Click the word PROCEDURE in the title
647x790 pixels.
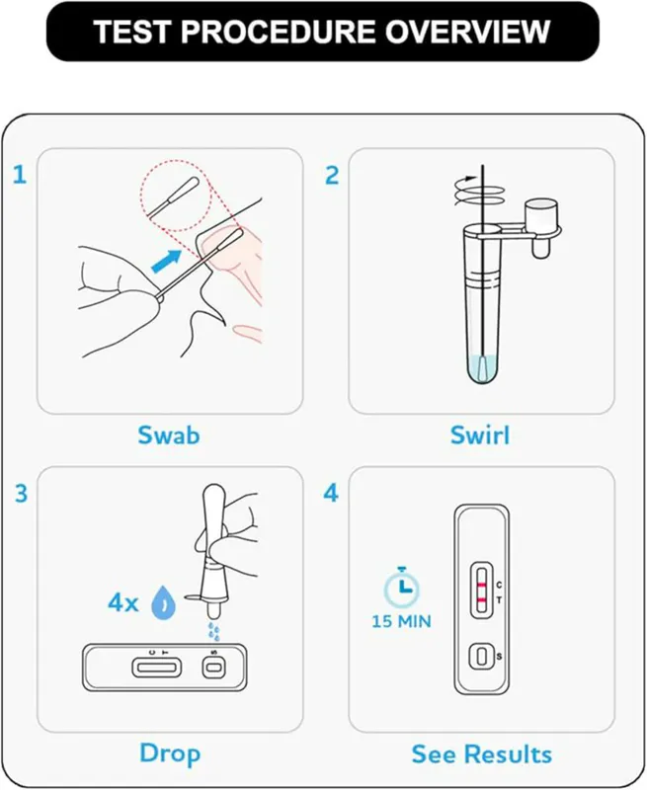point(279,32)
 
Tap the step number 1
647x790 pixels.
point(20,175)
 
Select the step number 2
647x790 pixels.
point(332,176)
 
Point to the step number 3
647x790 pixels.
point(21,493)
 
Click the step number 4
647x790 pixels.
point(331,493)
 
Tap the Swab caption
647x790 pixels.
point(169,435)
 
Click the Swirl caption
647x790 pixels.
point(480,435)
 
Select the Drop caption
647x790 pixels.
point(170,753)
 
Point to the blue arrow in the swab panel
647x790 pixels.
point(166,262)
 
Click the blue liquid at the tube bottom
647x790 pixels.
point(482,367)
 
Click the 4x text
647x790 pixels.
point(122,602)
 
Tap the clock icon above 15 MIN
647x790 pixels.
point(402,587)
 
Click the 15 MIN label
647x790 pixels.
point(402,622)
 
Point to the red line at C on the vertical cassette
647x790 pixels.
point(482,585)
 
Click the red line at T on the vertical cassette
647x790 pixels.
point(482,599)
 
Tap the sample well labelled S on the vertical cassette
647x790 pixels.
point(482,657)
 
